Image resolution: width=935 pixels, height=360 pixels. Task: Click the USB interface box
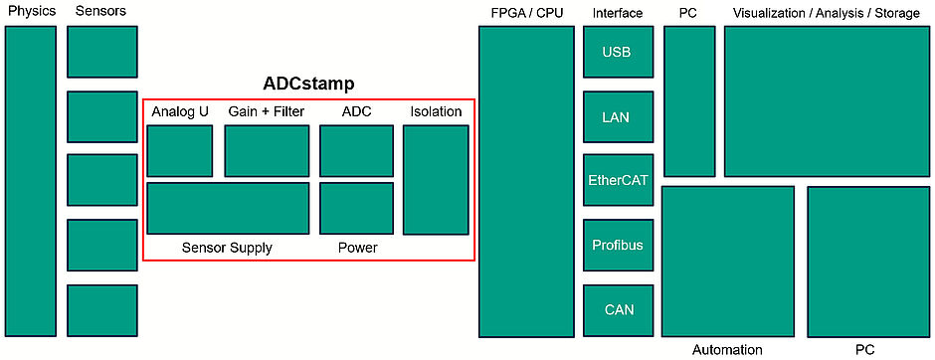pos(618,52)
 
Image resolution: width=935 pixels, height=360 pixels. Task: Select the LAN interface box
pos(618,116)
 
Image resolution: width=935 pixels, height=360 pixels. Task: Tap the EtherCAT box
pos(618,181)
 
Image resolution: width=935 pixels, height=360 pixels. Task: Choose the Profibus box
pos(618,245)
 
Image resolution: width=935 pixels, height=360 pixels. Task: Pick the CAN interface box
pos(618,309)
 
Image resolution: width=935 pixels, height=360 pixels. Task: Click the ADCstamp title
pos(308,84)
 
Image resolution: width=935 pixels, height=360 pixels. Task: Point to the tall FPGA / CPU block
pos(526,181)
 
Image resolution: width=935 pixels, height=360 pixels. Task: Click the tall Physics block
pos(31,181)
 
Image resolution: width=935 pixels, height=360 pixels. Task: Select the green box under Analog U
pos(179,150)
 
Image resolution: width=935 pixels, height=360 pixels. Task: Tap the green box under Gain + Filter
pos(267,150)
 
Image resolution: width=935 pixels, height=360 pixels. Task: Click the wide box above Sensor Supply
pos(228,208)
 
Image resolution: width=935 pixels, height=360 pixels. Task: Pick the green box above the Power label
pos(356,208)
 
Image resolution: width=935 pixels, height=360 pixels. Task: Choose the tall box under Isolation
pos(436,179)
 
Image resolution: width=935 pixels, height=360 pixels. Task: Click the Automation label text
pos(727,350)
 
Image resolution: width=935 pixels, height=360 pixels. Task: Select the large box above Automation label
pos(728,262)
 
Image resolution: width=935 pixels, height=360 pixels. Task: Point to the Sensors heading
pos(101,12)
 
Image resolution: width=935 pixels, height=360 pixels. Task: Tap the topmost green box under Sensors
pos(102,52)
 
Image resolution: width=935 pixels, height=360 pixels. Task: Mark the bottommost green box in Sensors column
pos(102,309)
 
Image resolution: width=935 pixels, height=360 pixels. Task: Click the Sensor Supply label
pos(227,248)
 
